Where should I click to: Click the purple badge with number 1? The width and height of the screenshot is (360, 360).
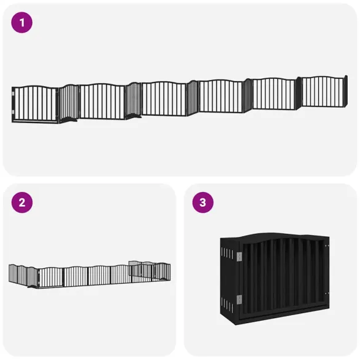pyautogui.click(x=22, y=23)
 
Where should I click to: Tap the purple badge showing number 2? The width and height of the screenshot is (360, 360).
pyautogui.click(x=22, y=202)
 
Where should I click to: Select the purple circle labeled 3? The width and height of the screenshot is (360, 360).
pyautogui.click(x=202, y=202)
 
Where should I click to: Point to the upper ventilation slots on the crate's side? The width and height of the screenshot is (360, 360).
pyautogui.click(x=226, y=254)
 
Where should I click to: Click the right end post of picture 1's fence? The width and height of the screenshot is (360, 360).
pyautogui.click(x=346, y=90)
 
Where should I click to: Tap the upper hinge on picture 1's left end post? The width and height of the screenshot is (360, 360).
pyautogui.click(x=13, y=94)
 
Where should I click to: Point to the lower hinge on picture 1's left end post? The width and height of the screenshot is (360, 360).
pyautogui.click(x=13, y=111)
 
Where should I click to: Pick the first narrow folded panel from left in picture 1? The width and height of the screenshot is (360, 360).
pyautogui.click(x=68, y=103)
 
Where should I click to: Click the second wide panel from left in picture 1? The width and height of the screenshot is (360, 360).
pyautogui.click(x=102, y=101)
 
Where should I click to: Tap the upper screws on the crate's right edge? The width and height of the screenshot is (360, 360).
pyautogui.click(x=327, y=247)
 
